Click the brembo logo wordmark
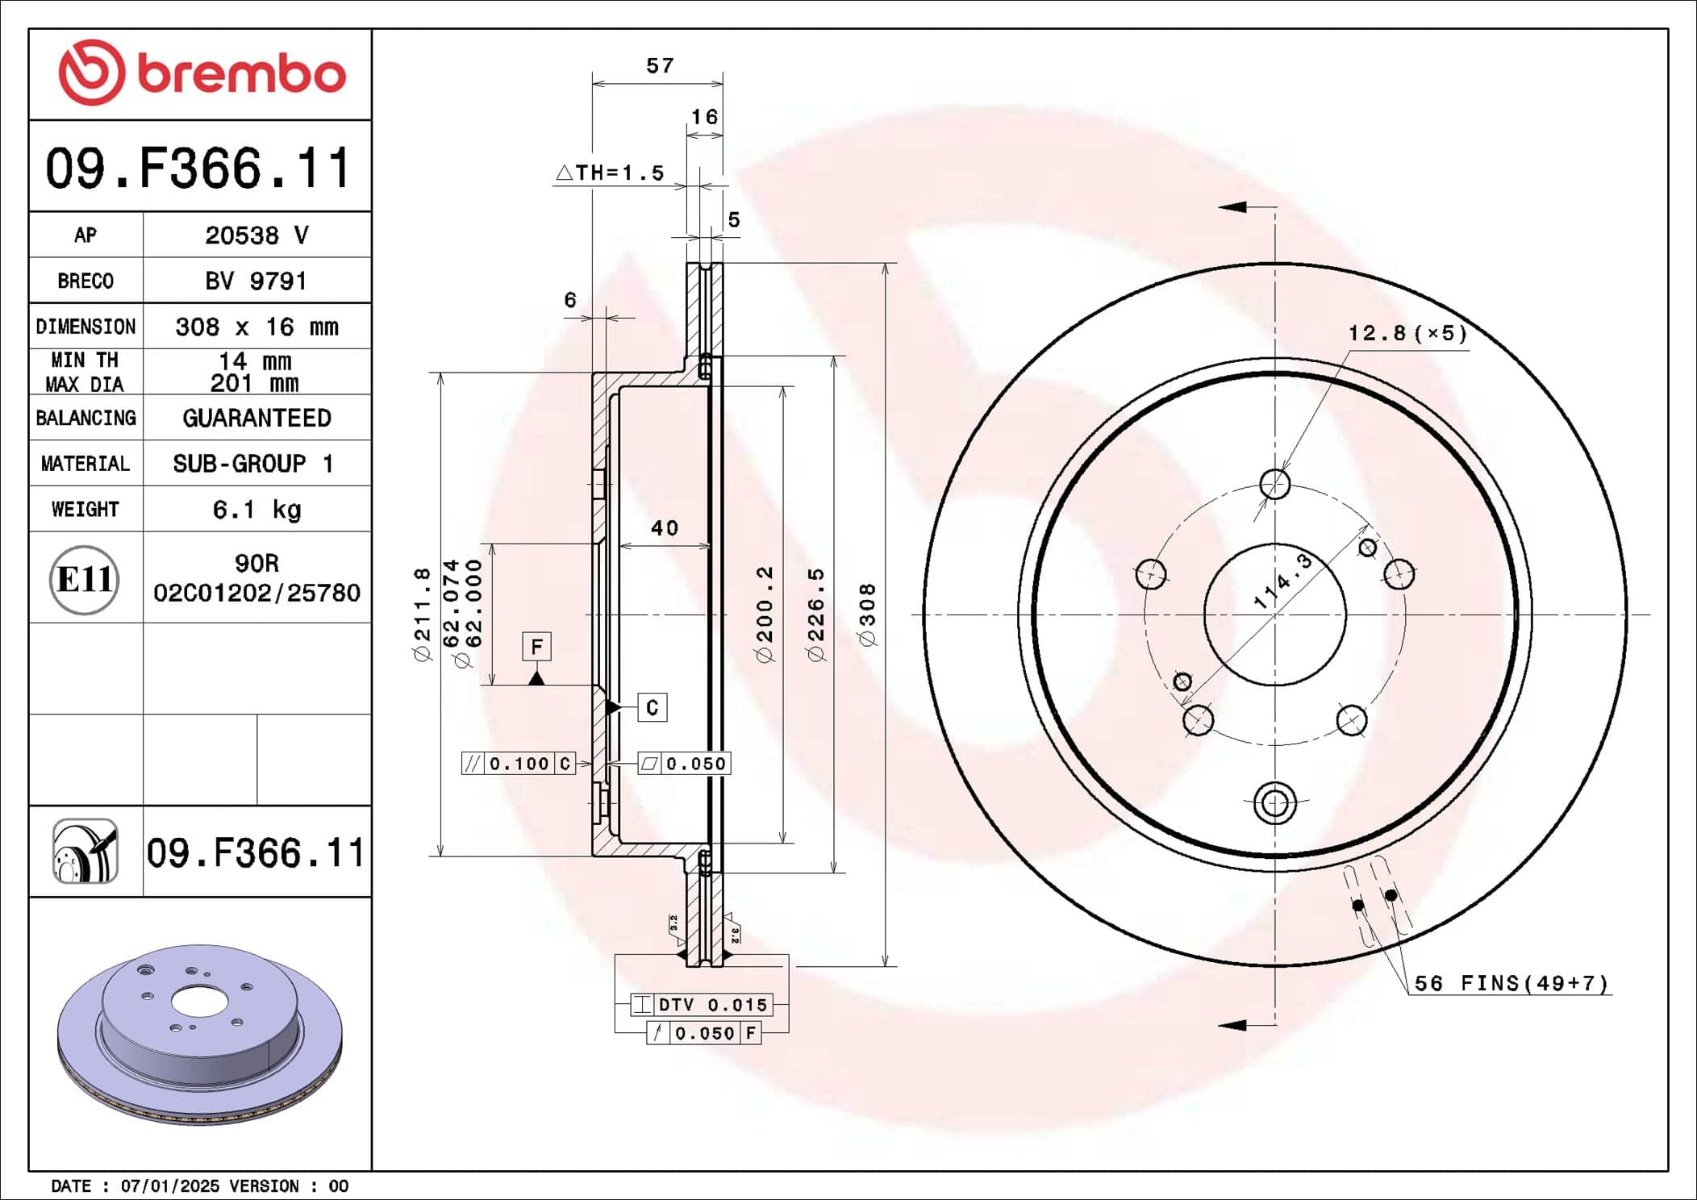(241, 75)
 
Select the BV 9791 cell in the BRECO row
(256, 281)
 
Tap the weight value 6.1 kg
(256, 510)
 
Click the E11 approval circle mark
(85, 579)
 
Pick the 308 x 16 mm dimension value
(256, 327)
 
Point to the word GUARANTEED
(256, 418)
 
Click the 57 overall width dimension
(660, 65)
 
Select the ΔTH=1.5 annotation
(611, 173)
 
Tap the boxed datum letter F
(537, 647)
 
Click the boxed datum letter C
(653, 707)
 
